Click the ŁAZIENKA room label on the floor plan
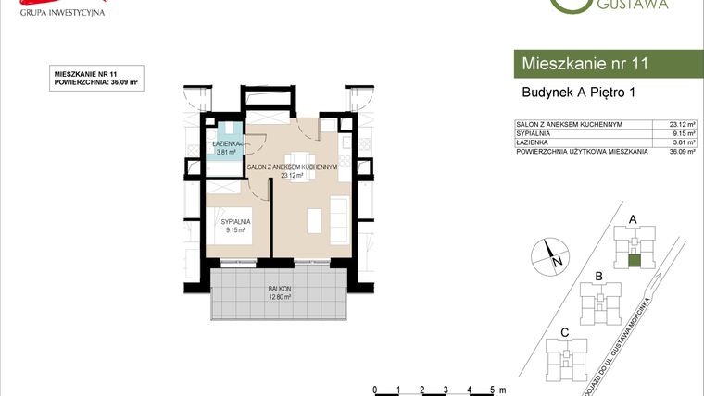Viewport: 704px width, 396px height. tap(228, 144)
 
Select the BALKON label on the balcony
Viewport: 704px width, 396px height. tap(281, 289)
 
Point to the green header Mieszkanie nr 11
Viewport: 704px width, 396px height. tap(585, 64)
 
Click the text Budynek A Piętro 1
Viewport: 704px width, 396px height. tap(577, 92)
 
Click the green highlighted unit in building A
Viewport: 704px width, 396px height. tap(634, 262)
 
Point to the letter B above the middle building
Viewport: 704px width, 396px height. tap(599, 276)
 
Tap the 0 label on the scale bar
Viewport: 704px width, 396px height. tap(374, 390)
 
